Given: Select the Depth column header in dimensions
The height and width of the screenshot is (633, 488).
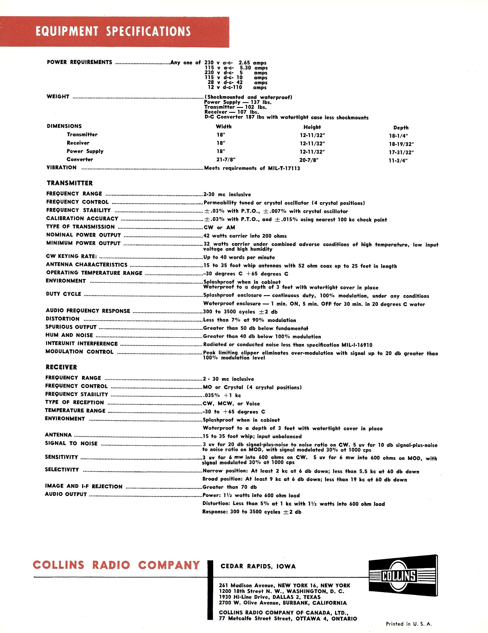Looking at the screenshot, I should click(x=400, y=128).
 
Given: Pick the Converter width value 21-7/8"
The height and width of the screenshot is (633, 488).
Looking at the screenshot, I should click(x=226, y=159).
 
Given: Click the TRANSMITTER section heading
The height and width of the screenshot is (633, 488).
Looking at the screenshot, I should click(x=70, y=183).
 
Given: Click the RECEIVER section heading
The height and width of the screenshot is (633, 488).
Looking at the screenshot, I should click(x=61, y=367).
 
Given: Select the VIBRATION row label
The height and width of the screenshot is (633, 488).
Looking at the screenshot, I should click(x=61, y=167).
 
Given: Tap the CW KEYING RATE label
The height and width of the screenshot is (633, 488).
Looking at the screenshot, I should click(x=71, y=256).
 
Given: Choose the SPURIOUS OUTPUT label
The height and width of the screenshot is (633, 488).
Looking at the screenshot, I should click(x=71, y=327).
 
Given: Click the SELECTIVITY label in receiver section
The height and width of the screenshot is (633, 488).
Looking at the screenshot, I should click(x=62, y=470).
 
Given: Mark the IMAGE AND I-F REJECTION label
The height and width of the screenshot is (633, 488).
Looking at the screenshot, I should click(x=84, y=486).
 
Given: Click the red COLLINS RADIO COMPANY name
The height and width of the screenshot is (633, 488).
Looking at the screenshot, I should click(x=116, y=565).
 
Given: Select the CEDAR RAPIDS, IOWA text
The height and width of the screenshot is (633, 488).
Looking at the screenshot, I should click(x=258, y=566).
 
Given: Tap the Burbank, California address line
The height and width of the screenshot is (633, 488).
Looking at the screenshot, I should click(x=283, y=603).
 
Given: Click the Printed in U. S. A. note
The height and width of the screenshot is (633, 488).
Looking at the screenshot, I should click(x=409, y=624).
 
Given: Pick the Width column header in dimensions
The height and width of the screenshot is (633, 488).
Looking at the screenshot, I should click(x=224, y=127).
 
